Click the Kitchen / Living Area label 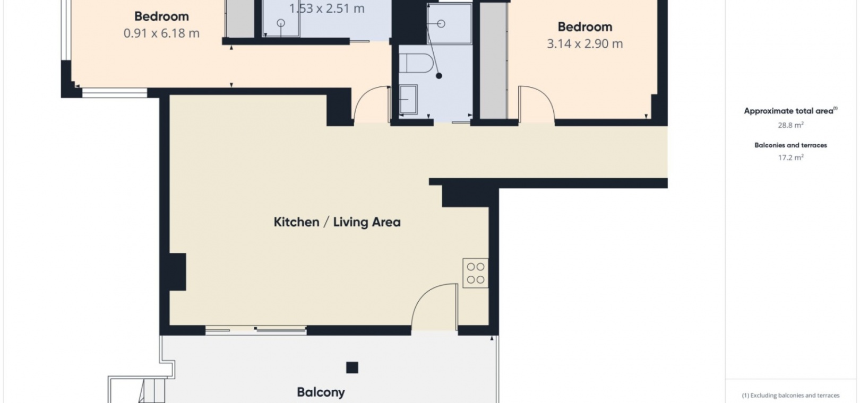[x=337, y=222]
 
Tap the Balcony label [x=321, y=392]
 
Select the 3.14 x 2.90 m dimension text [x=584, y=43]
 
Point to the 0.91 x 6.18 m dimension [x=161, y=33]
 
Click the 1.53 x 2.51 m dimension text [x=326, y=8]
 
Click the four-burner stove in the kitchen [x=475, y=273]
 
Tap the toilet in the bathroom [x=416, y=63]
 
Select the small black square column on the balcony [x=352, y=367]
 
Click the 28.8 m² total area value [x=790, y=125]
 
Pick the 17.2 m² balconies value [x=790, y=157]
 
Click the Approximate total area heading [x=790, y=111]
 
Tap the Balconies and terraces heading [x=790, y=145]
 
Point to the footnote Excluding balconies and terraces [x=790, y=396]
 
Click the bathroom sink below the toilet [x=408, y=99]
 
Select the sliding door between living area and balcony [x=256, y=329]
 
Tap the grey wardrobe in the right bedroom [x=493, y=60]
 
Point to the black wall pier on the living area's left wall [x=177, y=272]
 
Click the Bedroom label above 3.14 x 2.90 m [x=584, y=27]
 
